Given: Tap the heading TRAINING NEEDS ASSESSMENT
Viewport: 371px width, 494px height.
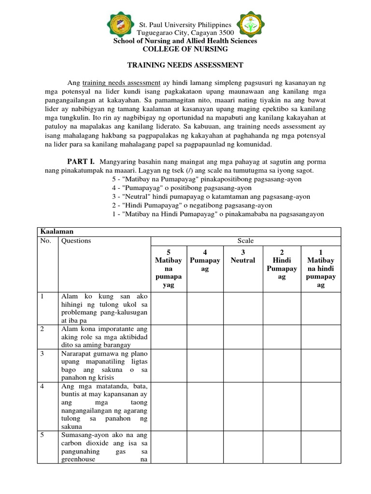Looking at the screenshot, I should (185, 65).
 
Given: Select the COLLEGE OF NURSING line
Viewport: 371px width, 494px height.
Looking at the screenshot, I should (185, 49).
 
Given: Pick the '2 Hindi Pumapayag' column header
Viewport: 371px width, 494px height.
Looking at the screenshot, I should (282, 264).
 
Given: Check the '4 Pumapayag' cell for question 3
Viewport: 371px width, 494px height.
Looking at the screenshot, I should (205, 366).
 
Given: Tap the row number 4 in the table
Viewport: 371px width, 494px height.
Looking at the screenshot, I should (42, 386).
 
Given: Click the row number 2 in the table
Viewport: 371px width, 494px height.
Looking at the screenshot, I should (42, 329).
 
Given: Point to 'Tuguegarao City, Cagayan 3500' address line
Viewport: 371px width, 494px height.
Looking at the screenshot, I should (185, 33).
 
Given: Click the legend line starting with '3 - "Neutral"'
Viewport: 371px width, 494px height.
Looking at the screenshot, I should (211, 196).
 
